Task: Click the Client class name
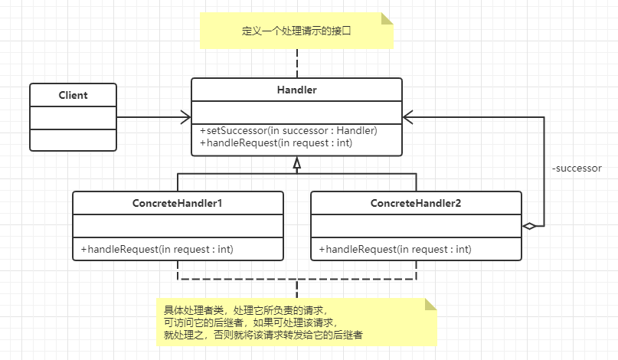[73, 95]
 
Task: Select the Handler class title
[297, 90]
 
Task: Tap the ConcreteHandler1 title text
[178, 203]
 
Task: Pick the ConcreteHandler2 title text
[416, 203]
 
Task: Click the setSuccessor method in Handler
[289, 130]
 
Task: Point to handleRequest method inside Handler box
[276, 142]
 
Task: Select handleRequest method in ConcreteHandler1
[157, 249]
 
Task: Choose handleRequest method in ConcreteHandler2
[395, 249]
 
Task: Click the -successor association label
[577, 169]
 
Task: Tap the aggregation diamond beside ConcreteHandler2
[529, 226]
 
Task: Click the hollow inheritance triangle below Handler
[297, 163]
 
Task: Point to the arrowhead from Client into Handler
[186, 117]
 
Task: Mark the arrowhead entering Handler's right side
[408, 117]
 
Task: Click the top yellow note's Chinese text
[296, 31]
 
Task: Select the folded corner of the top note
[387, 18]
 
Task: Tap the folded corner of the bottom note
[431, 304]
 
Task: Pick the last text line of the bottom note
[263, 335]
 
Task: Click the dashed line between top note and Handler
[297, 63]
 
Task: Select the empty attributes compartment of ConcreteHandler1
[178, 226]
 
